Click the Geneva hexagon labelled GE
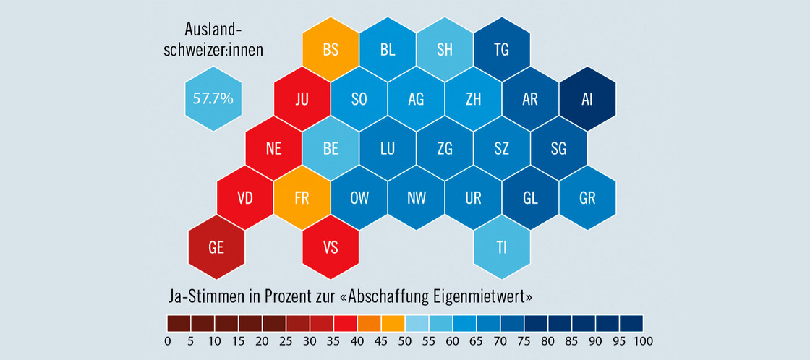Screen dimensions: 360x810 click(216, 247)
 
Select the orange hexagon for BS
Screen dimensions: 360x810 click(331, 50)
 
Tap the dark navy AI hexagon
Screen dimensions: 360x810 click(587, 99)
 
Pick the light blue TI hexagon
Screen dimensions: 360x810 click(501, 247)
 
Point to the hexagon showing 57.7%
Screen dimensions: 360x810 click(213, 98)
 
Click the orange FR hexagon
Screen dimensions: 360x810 click(302, 198)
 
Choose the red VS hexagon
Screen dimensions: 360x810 click(331, 247)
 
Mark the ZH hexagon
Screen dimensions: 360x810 click(473, 99)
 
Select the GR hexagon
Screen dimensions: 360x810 click(587, 198)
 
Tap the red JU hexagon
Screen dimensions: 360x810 click(302, 99)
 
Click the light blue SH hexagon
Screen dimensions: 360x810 click(445, 50)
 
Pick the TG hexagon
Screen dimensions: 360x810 click(501, 50)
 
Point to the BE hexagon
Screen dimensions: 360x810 click(331, 149)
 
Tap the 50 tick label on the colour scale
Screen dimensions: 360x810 click(406, 340)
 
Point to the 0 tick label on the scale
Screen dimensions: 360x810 click(167, 340)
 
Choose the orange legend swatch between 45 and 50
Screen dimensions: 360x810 click(393, 322)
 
